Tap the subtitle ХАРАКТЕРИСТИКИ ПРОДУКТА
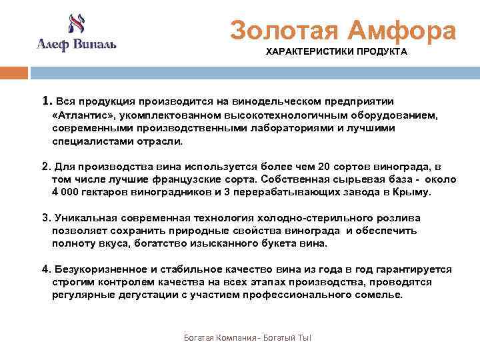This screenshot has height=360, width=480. [x=337, y=51]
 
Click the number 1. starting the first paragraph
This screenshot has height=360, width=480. [x=47, y=101]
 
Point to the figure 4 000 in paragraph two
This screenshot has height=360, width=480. [x=67, y=193]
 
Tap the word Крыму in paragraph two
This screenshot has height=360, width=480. [x=414, y=193]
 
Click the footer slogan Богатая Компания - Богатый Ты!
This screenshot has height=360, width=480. [x=248, y=339]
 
